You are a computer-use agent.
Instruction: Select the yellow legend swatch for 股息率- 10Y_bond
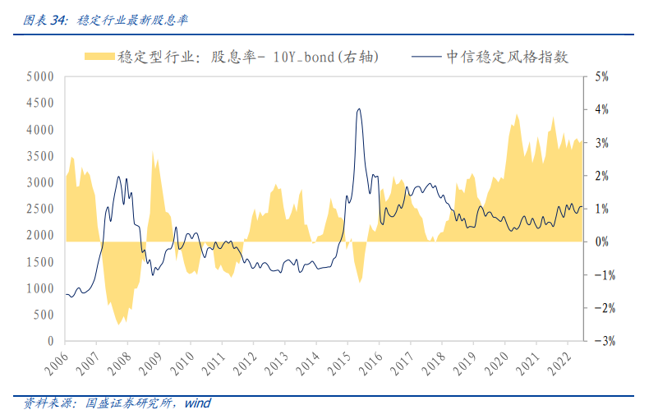tap(98, 57)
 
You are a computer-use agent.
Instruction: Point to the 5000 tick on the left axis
tap(39, 77)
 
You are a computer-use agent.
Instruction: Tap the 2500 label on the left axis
tap(39, 209)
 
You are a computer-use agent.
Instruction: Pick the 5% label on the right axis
tap(600, 77)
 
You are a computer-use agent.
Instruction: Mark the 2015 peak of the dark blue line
tap(358, 108)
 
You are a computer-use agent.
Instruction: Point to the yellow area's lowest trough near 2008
tap(120, 323)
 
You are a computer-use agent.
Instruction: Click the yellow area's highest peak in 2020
tap(516, 115)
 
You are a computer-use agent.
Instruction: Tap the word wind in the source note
tap(197, 403)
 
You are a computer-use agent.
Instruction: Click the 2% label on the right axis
tap(600, 176)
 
